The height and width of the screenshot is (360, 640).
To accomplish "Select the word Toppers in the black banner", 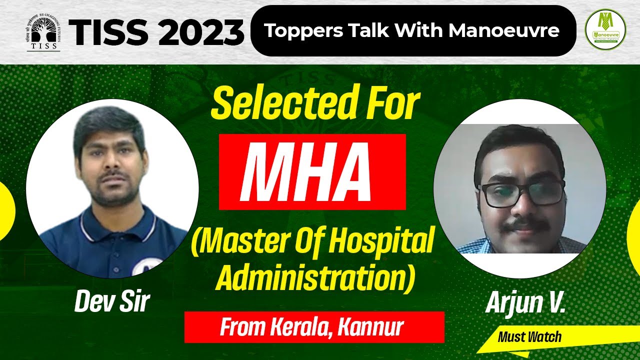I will coord(295,31).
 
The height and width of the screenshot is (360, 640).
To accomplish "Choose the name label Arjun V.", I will coord(524,303).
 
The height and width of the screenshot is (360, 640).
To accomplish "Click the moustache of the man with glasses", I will coord(520,226).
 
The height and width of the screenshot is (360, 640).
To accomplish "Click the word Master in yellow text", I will coord(235,243).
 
